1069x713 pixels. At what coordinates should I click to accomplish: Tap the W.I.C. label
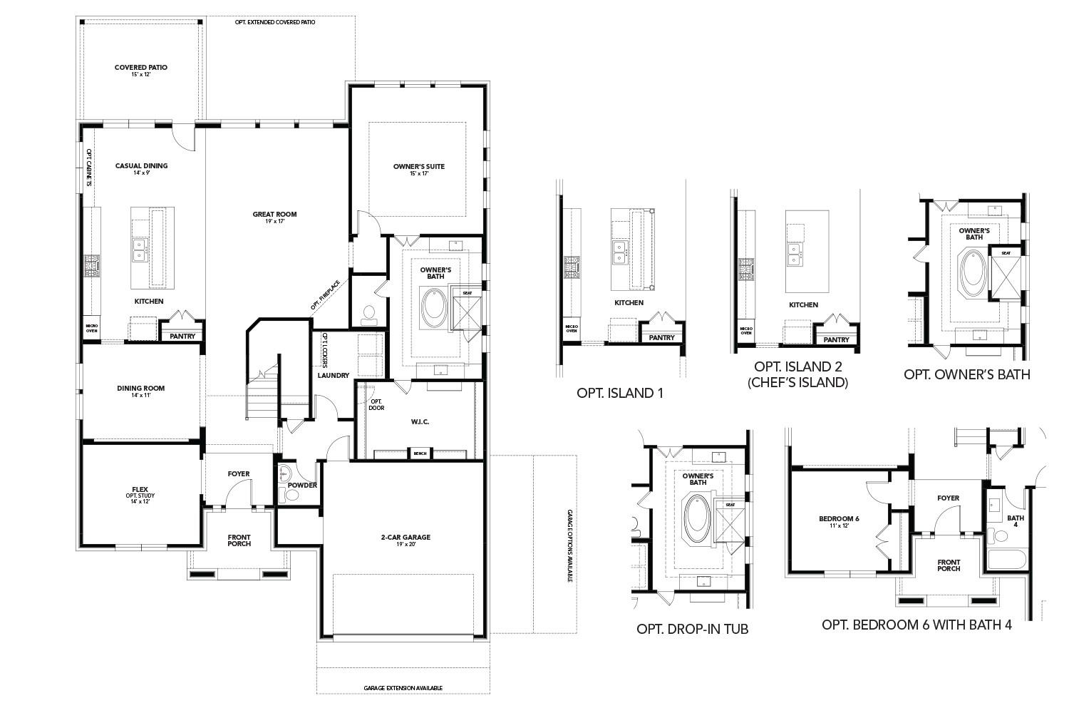[420, 421]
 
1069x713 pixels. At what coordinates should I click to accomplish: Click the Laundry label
[333, 375]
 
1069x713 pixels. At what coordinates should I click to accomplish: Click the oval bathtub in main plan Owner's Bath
[433, 307]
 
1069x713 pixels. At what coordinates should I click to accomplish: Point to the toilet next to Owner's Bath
[368, 314]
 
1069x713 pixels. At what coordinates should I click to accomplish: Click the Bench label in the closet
[420, 453]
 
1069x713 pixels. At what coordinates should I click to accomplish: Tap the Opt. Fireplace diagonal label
[325, 294]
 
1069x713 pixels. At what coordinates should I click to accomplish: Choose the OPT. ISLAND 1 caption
[619, 393]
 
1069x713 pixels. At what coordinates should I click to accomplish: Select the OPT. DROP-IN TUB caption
[692, 629]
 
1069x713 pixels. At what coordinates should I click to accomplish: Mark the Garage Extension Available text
[403, 688]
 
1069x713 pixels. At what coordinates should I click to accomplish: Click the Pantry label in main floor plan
[182, 336]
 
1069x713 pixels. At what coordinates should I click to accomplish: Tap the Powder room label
[301, 486]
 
